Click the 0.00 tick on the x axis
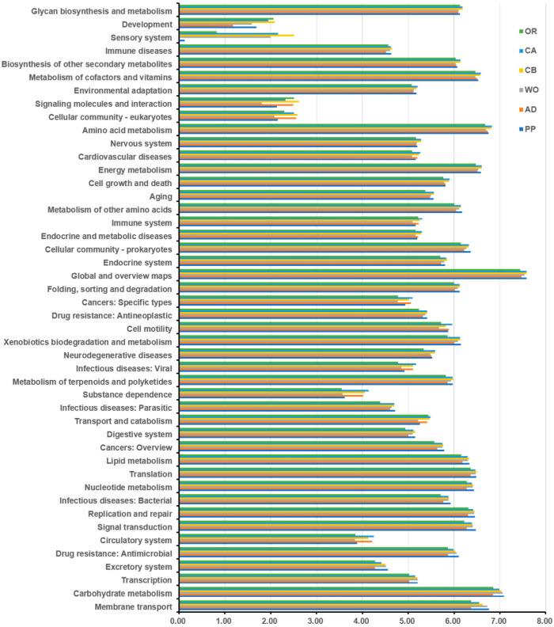pyautogui.click(x=178, y=620)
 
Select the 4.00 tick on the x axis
pyautogui.click(x=362, y=620)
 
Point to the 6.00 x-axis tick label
pyautogui.click(x=453, y=620)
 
